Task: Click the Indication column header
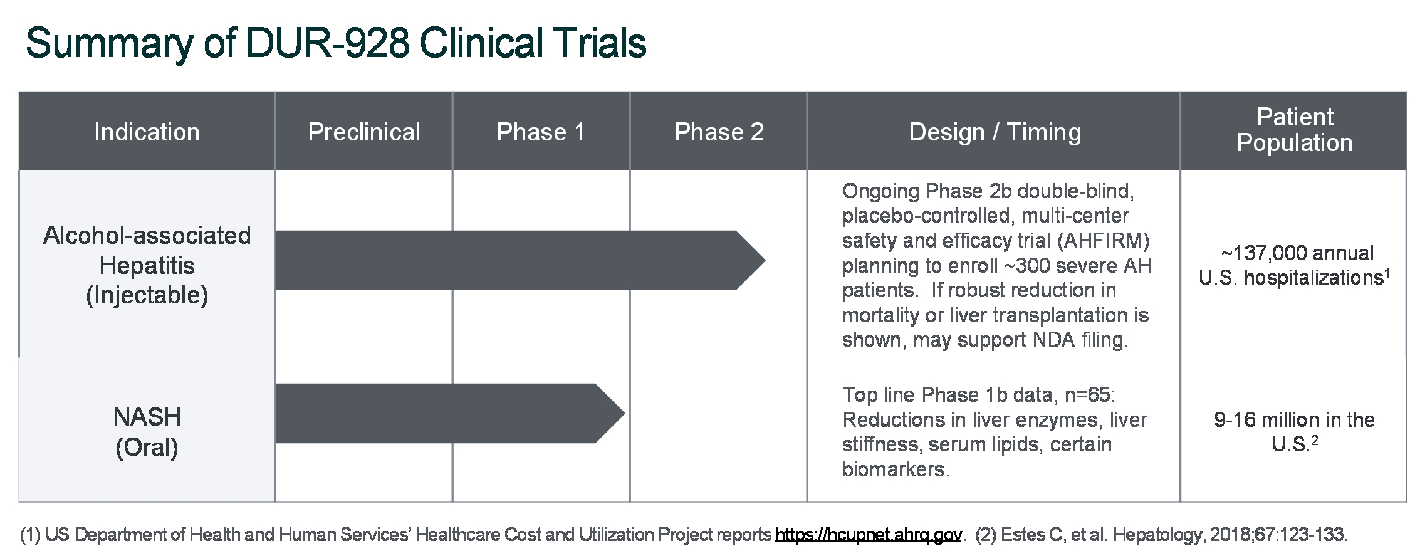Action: pyautogui.click(x=147, y=132)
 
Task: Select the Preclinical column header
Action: pyautogui.click(x=364, y=132)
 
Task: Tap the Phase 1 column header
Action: pyautogui.click(x=541, y=132)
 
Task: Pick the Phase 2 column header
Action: pyautogui.click(x=719, y=132)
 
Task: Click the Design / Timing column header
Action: pyautogui.click(x=995, y=132)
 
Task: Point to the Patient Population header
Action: pyautogui.click(x=1294, y=130)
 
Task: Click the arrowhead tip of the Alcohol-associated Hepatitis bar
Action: pyautogui.click(x=765, y=260)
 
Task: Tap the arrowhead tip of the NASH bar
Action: pyautogui.click(x=625, y=413)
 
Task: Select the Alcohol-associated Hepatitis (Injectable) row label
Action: pyautogui.click(x=147, y=265)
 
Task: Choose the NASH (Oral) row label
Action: pyautogui.click(x=147, y=432)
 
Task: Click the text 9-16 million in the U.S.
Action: pyautogui.click(x=1294, y=432)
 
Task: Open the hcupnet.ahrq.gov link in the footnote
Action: pyautogui.click(x=869, y=535)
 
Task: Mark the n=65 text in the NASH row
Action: pyautogui.click(x=1086, y=395)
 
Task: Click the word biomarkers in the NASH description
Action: pyautogui.click(x=896, y=469)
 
